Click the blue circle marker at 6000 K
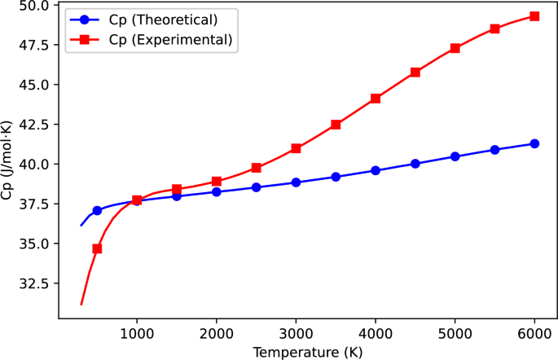[x=534, y=143]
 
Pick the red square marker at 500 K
[x=97, y=248]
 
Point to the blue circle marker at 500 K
[x=97, y=210]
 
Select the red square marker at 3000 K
[x=296, y=148]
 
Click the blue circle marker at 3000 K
[x=296, y=182]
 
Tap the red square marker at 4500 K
[x=415, y=72]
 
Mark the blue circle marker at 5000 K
[x=455, y=156]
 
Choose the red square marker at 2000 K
[x=217, y=182]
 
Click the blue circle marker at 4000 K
[x=376, y=170]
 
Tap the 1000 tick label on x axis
[x=137, y=334]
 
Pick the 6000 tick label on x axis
[x=534, y=334]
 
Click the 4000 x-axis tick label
[x=376, y=334]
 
